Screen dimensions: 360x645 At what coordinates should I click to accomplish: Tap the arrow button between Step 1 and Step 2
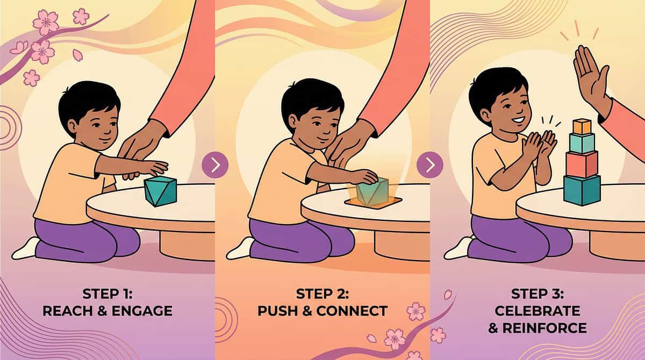[x=215, y=165]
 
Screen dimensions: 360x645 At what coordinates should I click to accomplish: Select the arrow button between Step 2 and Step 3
[x=430, y=165]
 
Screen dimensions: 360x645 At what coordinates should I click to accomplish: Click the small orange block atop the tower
[x=582, y=127]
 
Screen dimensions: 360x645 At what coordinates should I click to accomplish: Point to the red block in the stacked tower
[x=582, y=163]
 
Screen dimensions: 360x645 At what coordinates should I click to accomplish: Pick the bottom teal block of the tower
[x=582, y=190]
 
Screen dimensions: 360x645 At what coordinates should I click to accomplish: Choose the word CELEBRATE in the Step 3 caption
[x=537, y=311]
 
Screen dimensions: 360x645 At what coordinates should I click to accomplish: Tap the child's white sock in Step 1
[x=25, y=249]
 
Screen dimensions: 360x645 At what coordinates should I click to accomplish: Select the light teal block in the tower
[x=582, y=143]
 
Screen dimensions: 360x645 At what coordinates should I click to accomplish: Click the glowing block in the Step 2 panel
[x=372, y=191]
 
